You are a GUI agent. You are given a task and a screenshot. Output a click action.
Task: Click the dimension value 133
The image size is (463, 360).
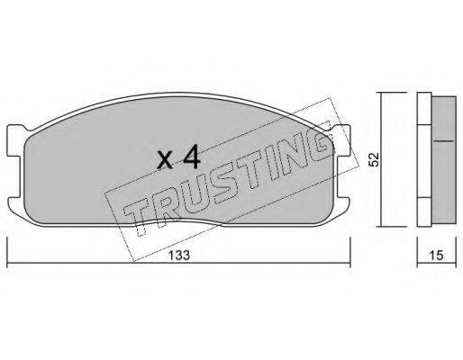[x=179, y=256]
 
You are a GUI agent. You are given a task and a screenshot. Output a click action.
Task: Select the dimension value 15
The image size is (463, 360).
[x=436, y=256]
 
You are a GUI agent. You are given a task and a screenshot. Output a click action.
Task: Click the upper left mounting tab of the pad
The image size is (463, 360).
[x=15, y=140]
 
